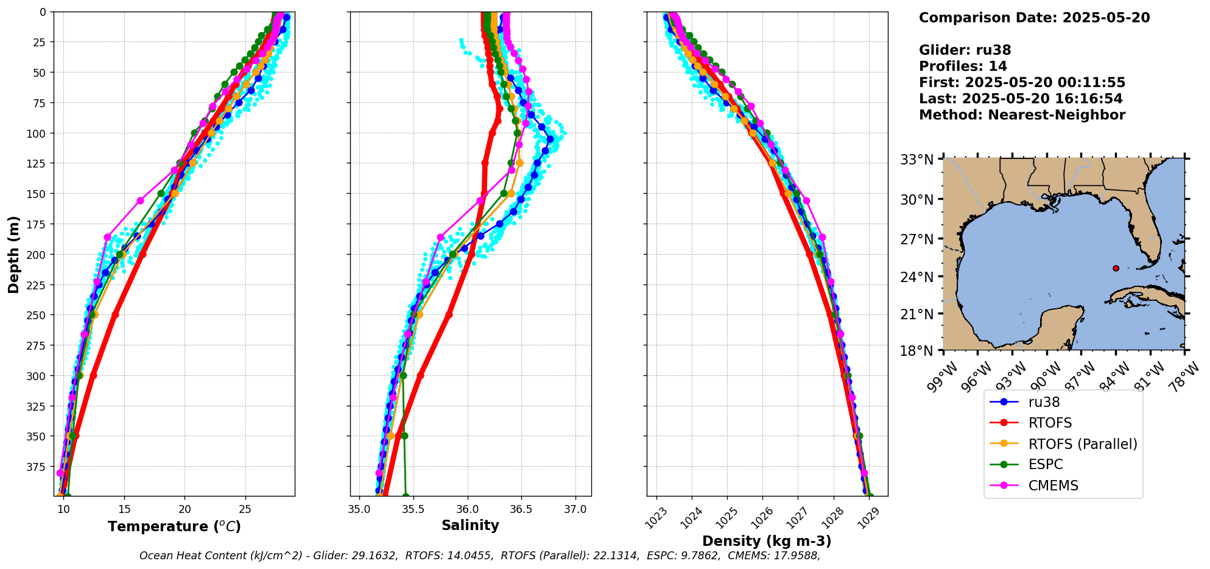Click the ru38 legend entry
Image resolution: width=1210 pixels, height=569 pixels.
pyautogui.click(x=1044, y=402)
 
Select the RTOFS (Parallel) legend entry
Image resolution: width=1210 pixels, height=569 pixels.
pyautogui.click(x=1083, y=444)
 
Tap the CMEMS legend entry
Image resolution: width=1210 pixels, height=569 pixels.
pyautogui.click(x=1053, y=486)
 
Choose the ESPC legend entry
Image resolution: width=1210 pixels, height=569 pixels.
pyautogui.click(x=1046, y=464)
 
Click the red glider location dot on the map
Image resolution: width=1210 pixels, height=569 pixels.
pyautogui.click(x=1116, y=268)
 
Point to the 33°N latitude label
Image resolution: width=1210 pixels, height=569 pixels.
pyautogui.click(x=917, y=160)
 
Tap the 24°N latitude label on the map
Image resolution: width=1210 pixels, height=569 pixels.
pyautogui.click(x=917, y=277)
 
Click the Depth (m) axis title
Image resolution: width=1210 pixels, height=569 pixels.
pyautogui.click(x=13, y=254)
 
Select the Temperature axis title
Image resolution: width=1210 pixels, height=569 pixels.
pyautogui.click(x=174, y=526)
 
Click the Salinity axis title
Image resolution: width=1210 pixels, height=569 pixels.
pyautogui.click(x=470, y=525)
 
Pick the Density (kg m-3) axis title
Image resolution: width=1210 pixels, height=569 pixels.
pyautogui.click(x=767, y=541)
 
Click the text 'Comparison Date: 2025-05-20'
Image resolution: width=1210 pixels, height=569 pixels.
pyautogui.click(x=1034, y=18)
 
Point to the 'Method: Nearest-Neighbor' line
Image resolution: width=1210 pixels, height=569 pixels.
pyautogui.click(x=1022, y=115)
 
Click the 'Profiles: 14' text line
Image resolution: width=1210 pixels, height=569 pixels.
pyautogui.click(x=963, y=66)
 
